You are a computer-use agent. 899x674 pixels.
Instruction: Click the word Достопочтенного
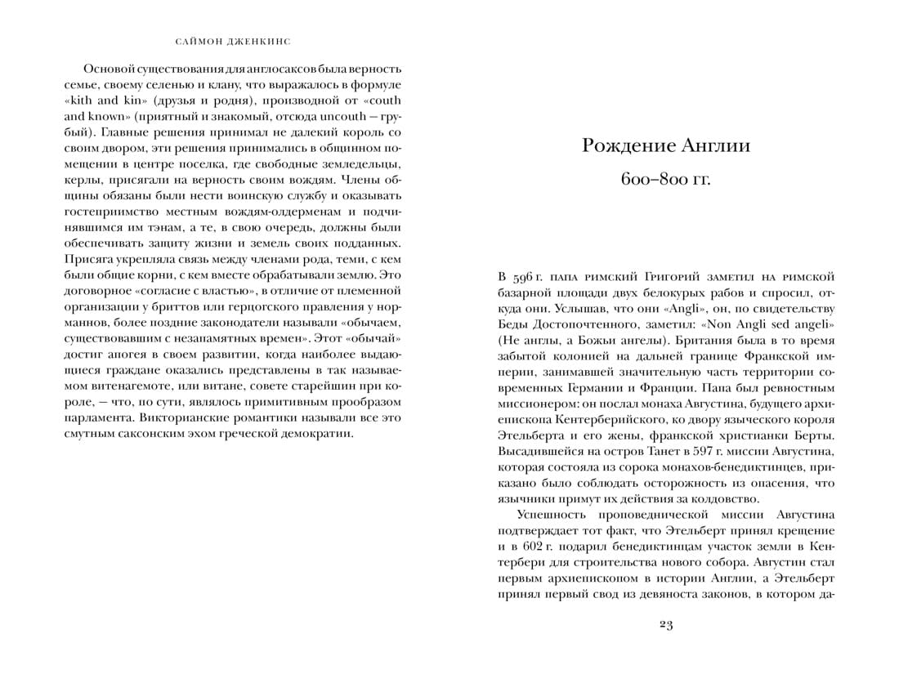point(582,324)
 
